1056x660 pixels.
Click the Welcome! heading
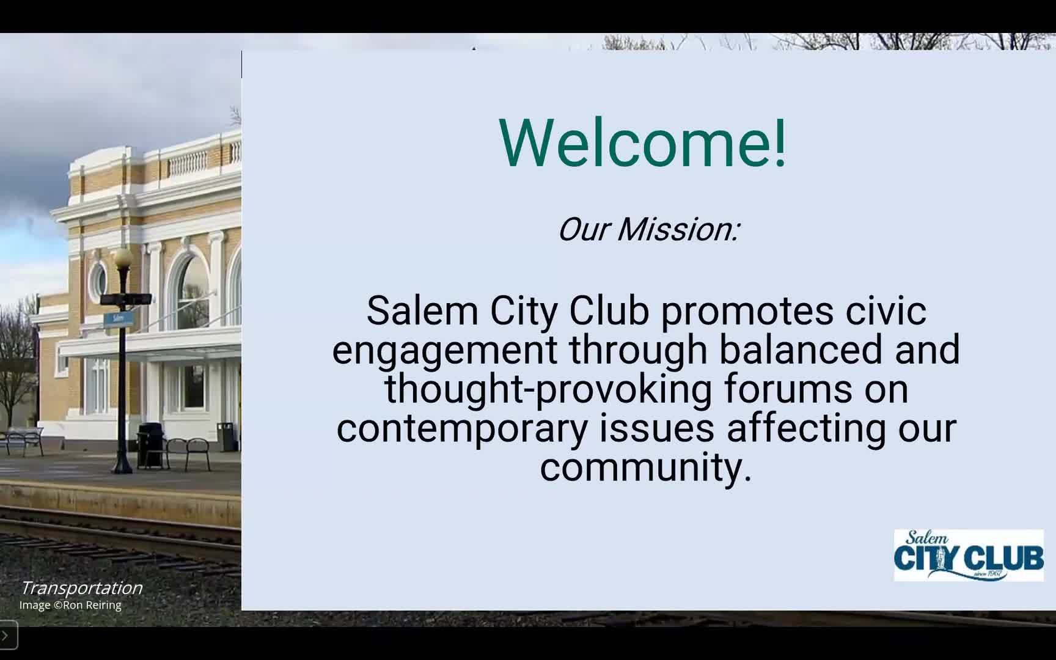[643, 142]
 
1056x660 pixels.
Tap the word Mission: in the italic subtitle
[678, 229]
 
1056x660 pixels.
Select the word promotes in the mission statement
[747, 310]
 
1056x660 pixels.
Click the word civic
[886, 310]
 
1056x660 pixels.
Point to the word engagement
[445, 350]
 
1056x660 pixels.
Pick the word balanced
[801, 349]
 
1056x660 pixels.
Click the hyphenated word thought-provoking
[548, 389]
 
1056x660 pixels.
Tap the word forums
[788, 389]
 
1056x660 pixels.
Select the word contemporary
[462, 428]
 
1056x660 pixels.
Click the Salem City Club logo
[969, 555]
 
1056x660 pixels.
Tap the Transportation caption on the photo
[81, 588]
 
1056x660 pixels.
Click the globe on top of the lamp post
[123, 257]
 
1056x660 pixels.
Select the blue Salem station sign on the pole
[119, 318]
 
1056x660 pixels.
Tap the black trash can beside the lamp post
[150, 446]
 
